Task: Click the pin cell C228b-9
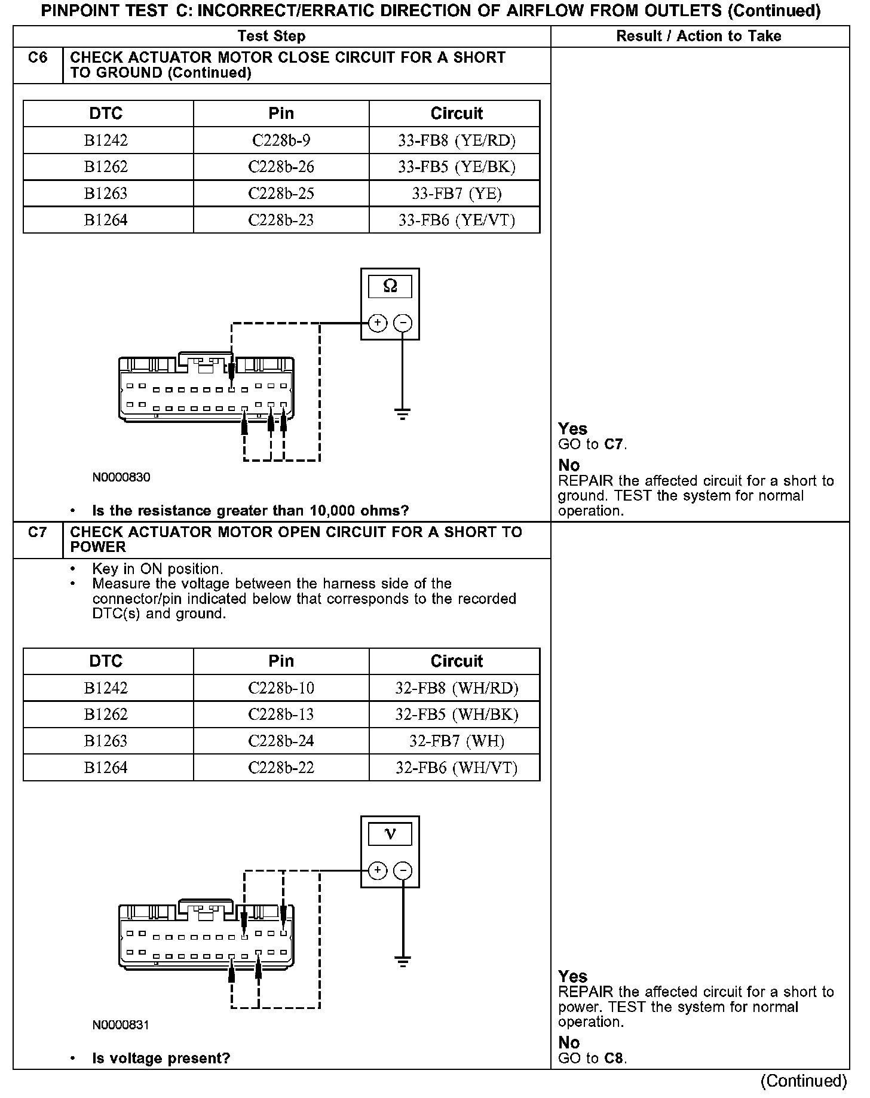point(281,140)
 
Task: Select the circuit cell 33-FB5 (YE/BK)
point(457,167)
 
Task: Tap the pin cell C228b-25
point(281,194)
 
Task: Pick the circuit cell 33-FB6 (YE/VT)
point(457,220)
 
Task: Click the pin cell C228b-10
point(281,688)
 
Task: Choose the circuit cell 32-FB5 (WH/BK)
point(457,714)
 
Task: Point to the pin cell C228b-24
point(281,741)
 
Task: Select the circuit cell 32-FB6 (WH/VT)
point(457,768)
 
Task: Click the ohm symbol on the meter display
point(390,287)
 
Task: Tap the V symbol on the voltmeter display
point(390,834)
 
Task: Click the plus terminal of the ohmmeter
point(377,323)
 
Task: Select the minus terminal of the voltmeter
point(403,871)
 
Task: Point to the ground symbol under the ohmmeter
point(403,413)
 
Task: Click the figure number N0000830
point(121,477)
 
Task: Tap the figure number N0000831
point(121,1025)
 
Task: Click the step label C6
point(38,58)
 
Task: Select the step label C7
point(38,532)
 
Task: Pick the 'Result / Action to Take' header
point(699,36)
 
